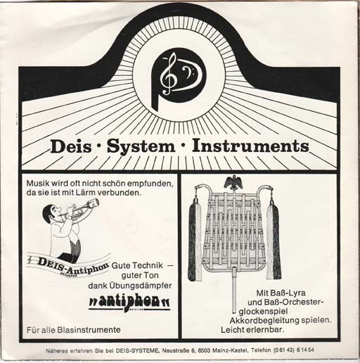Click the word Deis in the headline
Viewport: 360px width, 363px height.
pyautogui.click(x=71, y=146)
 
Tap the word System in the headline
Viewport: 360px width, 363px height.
pyautogui.click(x=141, y=147)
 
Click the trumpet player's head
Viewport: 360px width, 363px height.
pyautogui.click(x=52, y=213)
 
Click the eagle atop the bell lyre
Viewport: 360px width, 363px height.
pyautogui.click(x=233, y=183)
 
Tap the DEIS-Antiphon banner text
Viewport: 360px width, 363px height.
pyautogui.click(x=72, y=265)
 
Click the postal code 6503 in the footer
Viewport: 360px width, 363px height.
pyautogui.click(x=205, y=350)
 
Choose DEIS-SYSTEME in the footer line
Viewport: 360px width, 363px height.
pyautogui.click(x=137, y=351)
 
